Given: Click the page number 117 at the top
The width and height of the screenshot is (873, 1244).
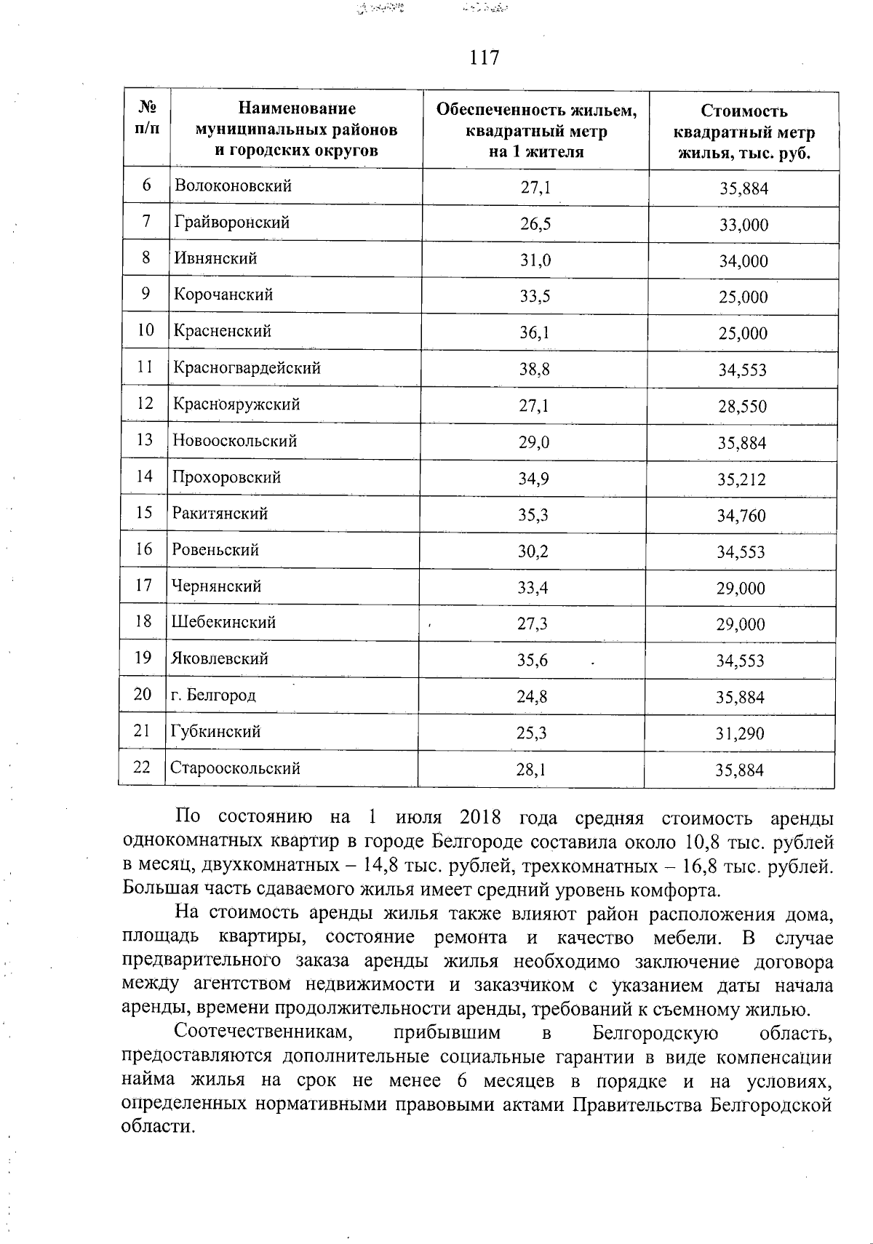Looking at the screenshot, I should click(x=485, y=57).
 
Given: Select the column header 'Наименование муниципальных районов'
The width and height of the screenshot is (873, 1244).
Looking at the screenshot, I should click(x=296, y=129).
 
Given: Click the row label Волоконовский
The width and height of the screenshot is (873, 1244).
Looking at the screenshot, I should click(x=233, y=186).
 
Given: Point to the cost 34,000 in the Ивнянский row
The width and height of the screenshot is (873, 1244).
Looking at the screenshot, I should click(x=744, y=261).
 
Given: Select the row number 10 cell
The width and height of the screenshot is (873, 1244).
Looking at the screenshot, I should click(x=145, y=330).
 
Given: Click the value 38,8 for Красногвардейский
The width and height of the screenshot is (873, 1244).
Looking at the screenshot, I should click(x=534, y=370).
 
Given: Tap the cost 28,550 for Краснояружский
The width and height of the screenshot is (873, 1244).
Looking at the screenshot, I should click(x=742, y=407).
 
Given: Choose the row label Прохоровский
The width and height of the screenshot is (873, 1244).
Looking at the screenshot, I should click(x=226, y=477).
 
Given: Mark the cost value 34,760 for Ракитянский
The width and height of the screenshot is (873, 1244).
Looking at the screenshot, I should click(x=741, y=516).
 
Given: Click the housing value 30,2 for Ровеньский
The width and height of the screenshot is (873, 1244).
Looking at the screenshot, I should click(x=533, y=551).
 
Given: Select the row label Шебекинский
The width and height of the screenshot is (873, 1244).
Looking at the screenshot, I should click(x=223, y=622).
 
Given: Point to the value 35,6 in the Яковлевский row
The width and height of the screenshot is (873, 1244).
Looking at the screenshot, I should click(x=532, y=660).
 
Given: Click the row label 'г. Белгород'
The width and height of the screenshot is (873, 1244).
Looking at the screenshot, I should click(x=213, y=695).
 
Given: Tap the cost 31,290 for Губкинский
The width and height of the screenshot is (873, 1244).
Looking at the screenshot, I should click(x=740, y=733).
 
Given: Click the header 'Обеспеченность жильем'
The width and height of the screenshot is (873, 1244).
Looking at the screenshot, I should click(x=536, y=111).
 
